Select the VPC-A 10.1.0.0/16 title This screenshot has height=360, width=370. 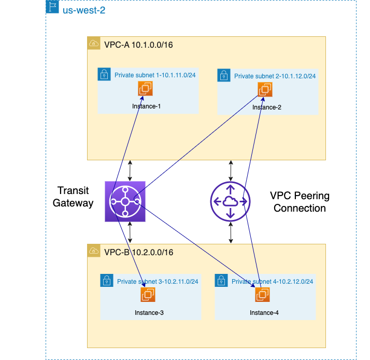point(138,45)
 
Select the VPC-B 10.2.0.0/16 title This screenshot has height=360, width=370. point(138,252)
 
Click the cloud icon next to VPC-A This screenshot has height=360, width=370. point(94,44)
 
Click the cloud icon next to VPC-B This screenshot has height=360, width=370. point(94,251)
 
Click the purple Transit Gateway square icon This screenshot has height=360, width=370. point(125,202)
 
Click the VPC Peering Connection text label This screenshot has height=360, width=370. point(300,202)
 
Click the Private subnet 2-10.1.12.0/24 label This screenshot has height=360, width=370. point(275,76)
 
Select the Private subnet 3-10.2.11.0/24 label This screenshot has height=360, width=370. point(158,282)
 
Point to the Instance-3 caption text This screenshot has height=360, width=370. point(149,313)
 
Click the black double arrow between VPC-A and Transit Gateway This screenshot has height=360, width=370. point(130,170)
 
